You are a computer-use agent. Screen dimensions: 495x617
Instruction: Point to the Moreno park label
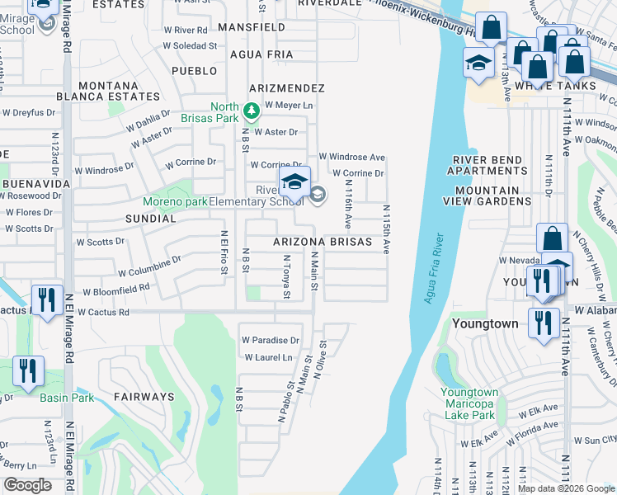tap(174, 201)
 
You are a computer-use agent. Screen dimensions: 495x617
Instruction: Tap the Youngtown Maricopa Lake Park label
tap(469, 403)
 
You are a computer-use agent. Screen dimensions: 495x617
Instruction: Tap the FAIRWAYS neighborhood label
tap(144, 397)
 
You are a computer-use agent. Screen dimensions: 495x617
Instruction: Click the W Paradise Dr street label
tap(270, 340)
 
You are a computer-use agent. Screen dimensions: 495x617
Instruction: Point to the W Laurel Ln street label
tap(269, 357)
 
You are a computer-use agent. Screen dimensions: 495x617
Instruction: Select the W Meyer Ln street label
tap(289, 106)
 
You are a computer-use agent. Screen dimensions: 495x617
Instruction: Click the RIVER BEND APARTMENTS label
tap(487, 166)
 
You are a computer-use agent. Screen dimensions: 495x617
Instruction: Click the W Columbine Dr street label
tap(148, 266)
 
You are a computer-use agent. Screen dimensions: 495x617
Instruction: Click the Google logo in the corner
tap(28, 485)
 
